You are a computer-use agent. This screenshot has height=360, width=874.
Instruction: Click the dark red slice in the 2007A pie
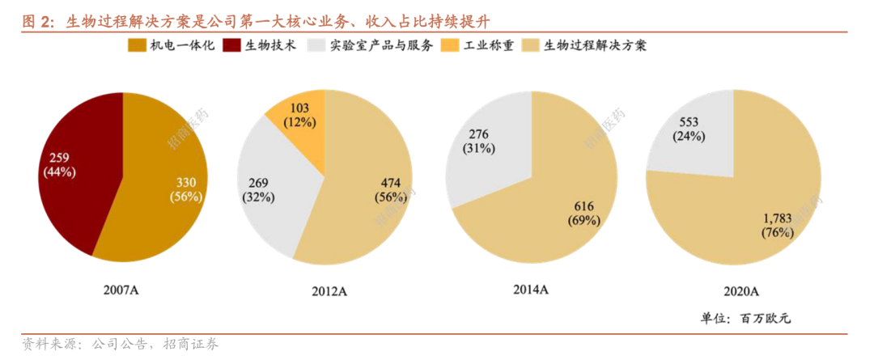pyautogui.click(x=77, y=174)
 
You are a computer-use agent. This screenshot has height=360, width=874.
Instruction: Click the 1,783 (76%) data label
pyautogui.click(x=778, y=226)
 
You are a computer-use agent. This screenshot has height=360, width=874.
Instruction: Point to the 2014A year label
pyautogui.click(x=531, y=289)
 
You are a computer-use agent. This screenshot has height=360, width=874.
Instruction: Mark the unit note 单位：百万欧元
pyautogui.click(x=745, y=318)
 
